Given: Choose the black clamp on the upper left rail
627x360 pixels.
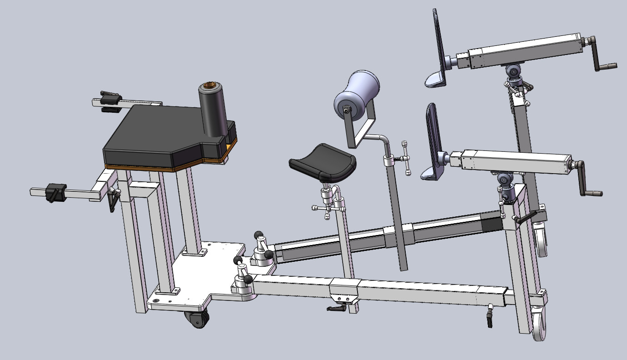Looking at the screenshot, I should pos(110,100).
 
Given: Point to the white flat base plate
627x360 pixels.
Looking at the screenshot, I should pos(200,277).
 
